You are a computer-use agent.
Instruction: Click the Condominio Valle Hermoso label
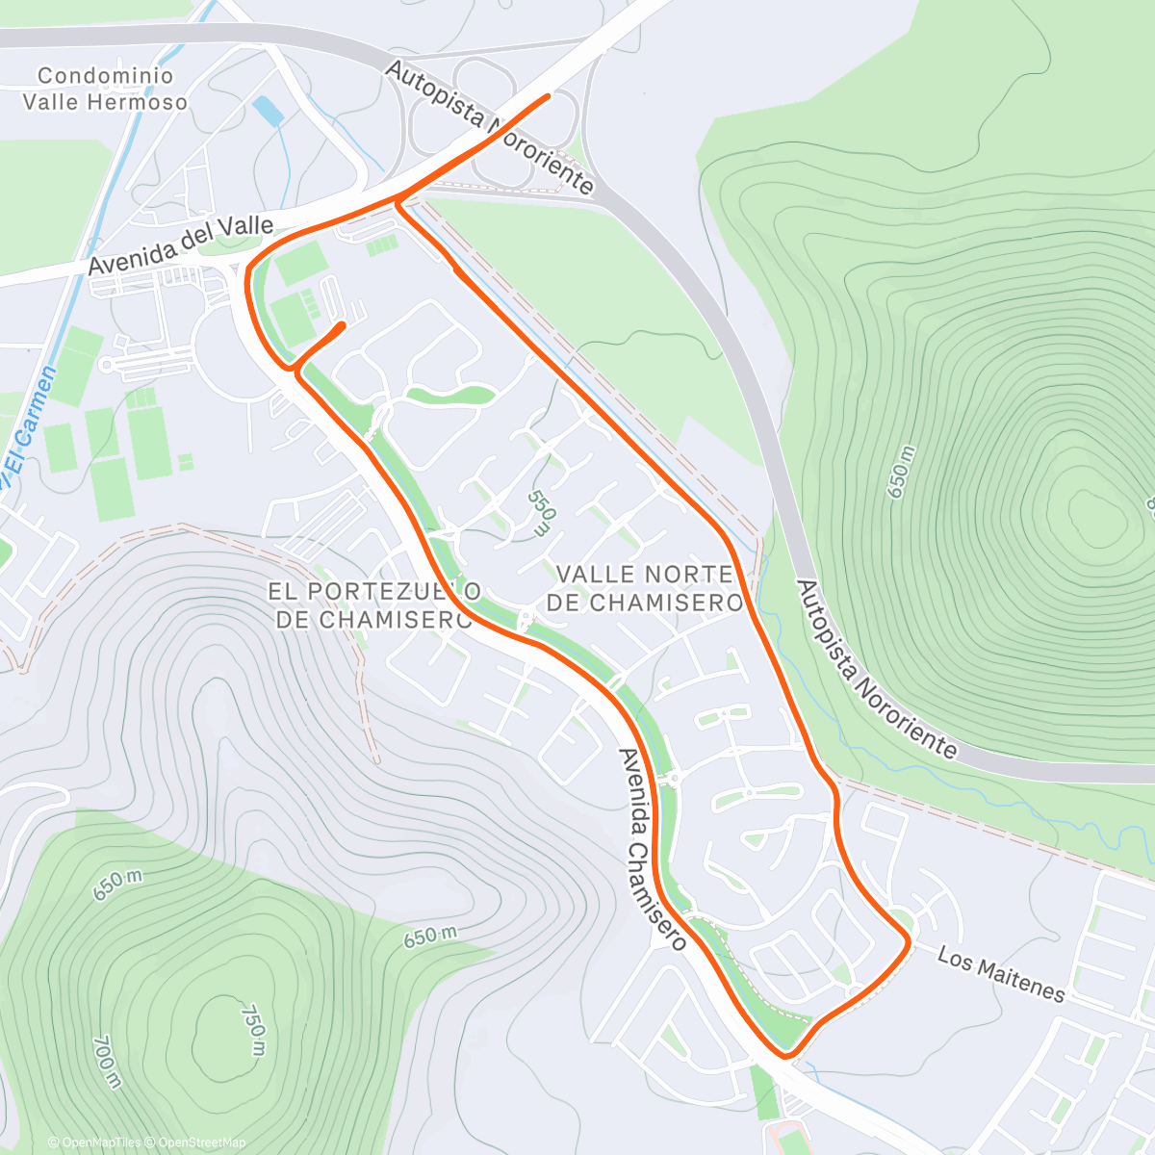pyautogui.click(x=106, y=89)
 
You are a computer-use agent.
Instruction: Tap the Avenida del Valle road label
pyautogui.click(x=181, y=245)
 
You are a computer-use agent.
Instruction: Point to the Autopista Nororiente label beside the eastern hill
pyautogui.click(x=877, y=669)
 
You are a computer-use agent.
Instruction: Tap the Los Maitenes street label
pyautogui.click(x=1001, y=974)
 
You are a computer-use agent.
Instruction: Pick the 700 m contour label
pyautogui.click(x=107, y=1062)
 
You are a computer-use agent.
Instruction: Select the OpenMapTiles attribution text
pyautogui.click(x=94, y=1142)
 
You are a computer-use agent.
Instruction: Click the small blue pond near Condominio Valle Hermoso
pyautogui.click(x=269, y=112)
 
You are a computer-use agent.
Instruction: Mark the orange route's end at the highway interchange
pyautogui.click(x=548, y=95)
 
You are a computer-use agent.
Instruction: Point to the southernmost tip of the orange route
pyautogui.click(x=787, y=1056)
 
